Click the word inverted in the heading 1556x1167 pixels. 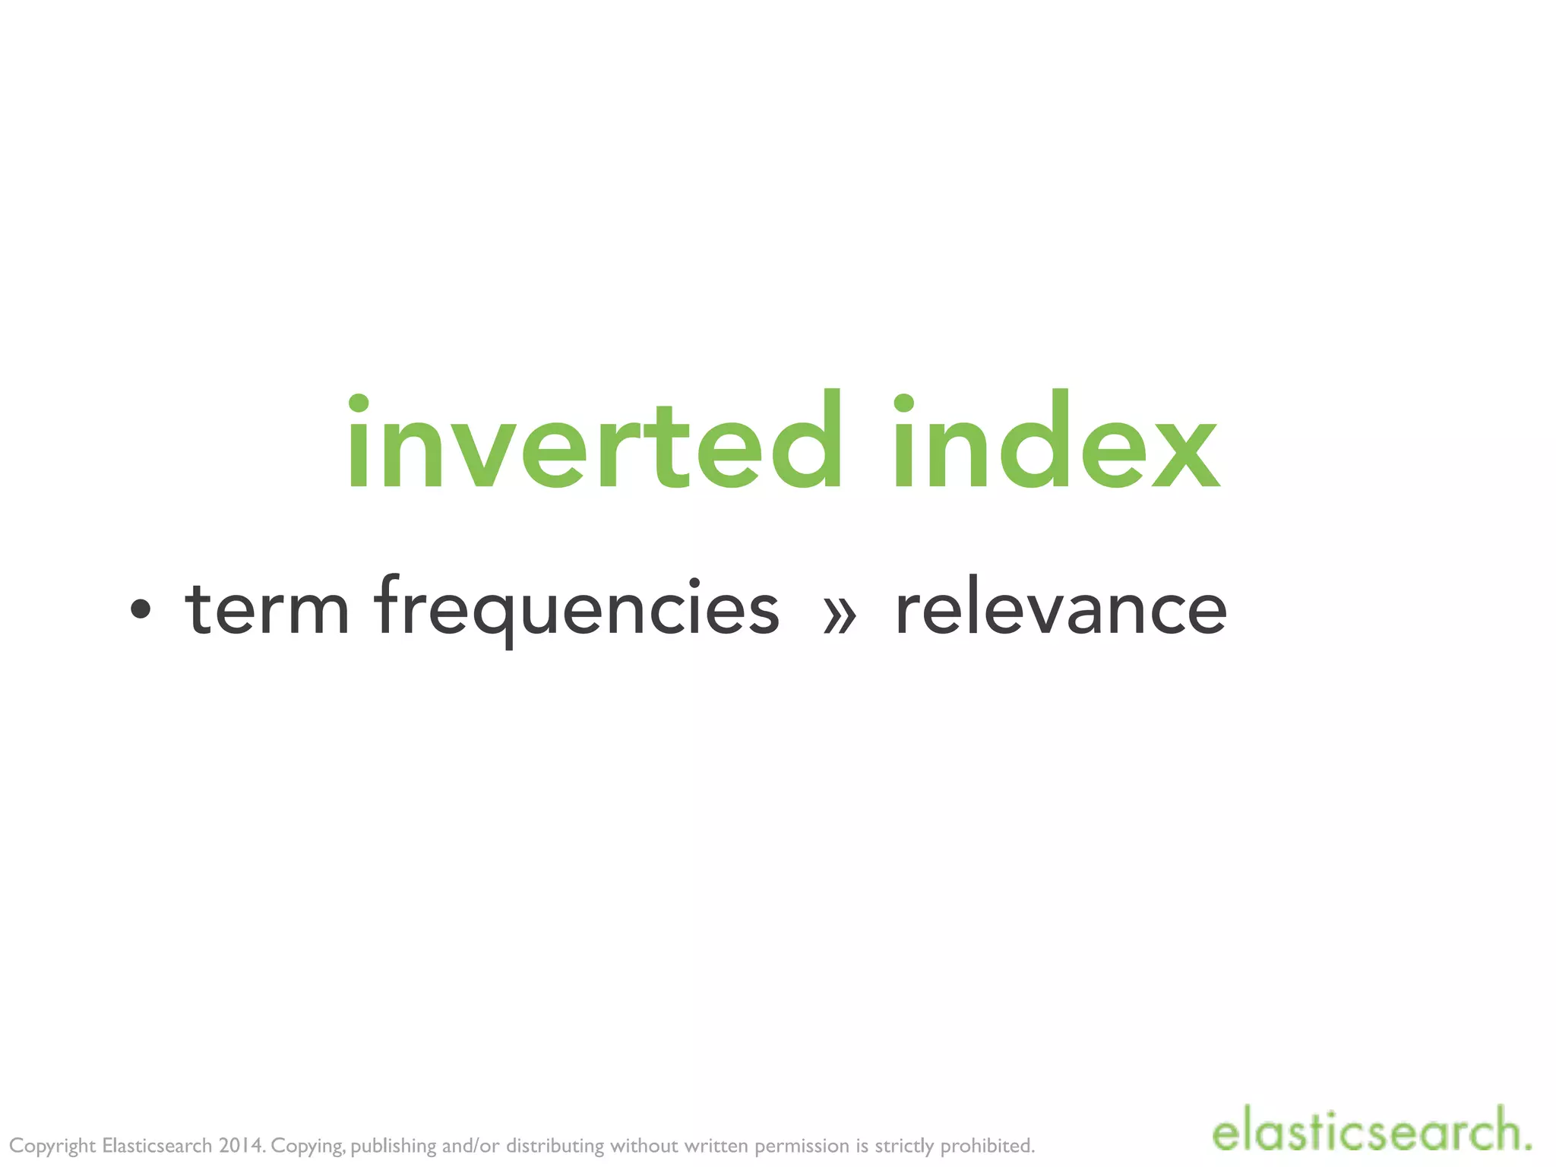coord(593,442)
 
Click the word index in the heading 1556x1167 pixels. coord(1055,442)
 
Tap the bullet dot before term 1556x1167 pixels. coord(141,609)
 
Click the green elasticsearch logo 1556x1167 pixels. coord(1371,1131)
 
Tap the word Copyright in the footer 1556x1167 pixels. coord(52,1146)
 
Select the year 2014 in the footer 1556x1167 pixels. coord(240,1145)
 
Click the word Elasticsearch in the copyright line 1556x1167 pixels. coord(157,1145)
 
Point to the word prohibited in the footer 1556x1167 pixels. coord(987,1145)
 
